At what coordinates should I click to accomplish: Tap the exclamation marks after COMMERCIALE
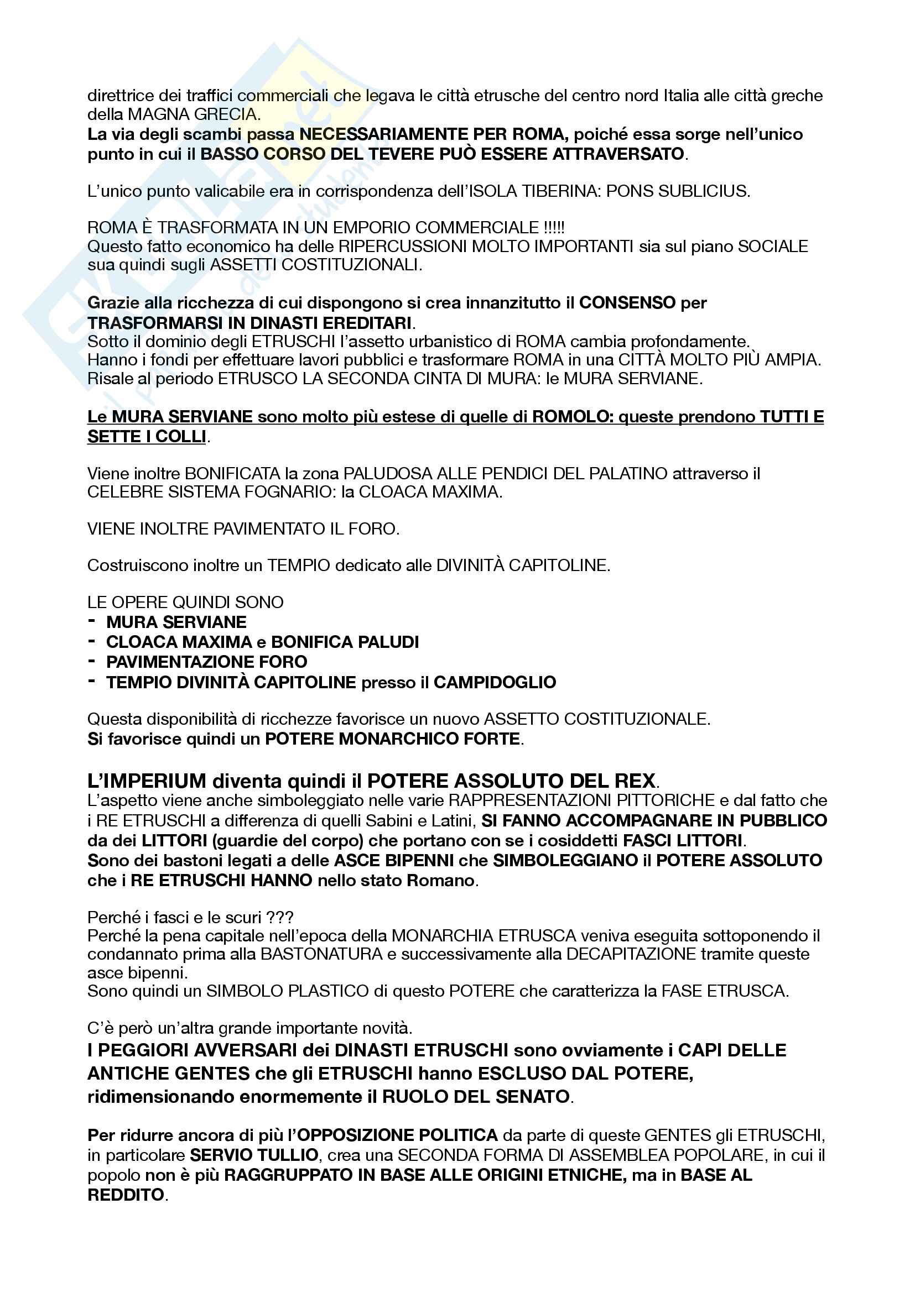pyautogui.click(x=554, y=228)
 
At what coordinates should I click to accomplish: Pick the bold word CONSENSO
pyautogui.click(x=627, y=303)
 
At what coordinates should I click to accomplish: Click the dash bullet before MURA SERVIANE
pyautogui.click(x=91, y=621)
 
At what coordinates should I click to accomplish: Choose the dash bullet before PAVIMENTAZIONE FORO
pyautogui.click(x=91, y=660)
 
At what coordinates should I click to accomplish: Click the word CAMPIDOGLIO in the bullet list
pyautogui.click(x=495, y=682)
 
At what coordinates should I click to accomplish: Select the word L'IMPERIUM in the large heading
pyautogui.click(x=147, y=781)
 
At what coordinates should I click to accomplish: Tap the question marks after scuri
pyautogui.click(x=280, y=918)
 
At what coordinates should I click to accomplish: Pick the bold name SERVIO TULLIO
pyautogui.click(x=254, y=1155)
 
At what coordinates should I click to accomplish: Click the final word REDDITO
pyautogui.click(x=126, y=1195)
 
